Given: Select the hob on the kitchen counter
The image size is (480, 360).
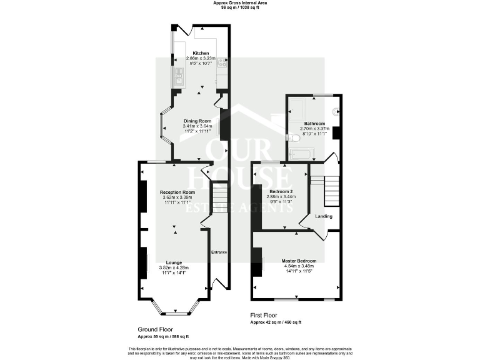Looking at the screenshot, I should click(x=222, y=62).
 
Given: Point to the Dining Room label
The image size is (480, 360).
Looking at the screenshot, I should click(x=197, y=121).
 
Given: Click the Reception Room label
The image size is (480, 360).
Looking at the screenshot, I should click(x=177, y=192).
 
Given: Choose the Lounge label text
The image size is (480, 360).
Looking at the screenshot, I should click(x=174, y=262).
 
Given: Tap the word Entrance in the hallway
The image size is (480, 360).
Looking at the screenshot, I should click(x=219, y=252).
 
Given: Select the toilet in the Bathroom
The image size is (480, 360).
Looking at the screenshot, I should click(x=291, y=137).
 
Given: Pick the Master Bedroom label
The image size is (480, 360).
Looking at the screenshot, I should click(x=299, y=261).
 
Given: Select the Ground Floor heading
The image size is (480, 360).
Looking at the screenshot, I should click(x=155, y=329).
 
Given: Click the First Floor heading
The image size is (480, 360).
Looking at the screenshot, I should click(x=263, y=316).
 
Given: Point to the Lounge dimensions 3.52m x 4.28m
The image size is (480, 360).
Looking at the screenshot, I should click(x=174, y=267).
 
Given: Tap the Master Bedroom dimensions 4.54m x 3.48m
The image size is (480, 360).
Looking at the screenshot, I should click(x=299, y=266).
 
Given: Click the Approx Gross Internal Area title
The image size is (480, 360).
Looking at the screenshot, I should click(x=239, y=3).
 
